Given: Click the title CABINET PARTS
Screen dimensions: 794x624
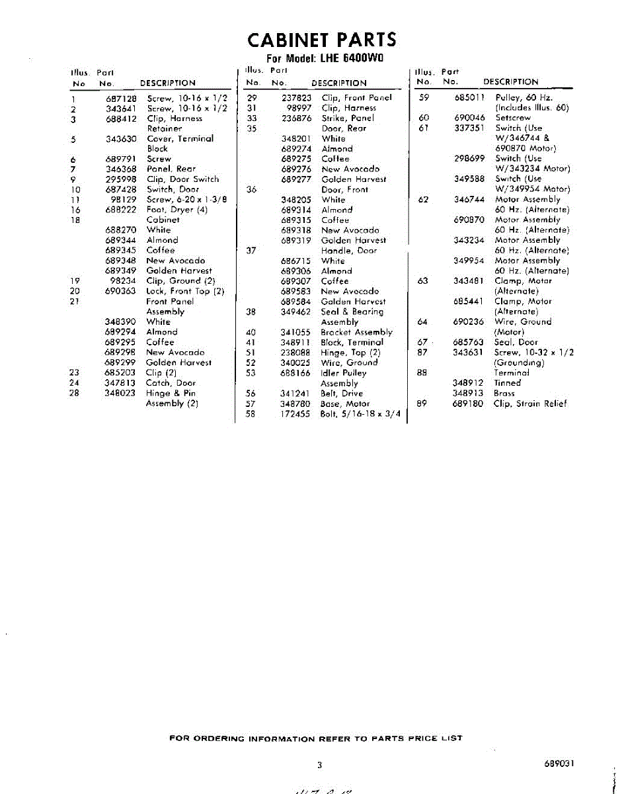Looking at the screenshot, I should [322, 40].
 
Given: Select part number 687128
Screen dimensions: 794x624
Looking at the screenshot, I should [121, 98].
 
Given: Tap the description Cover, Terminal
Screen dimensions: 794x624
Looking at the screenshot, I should [180, 139].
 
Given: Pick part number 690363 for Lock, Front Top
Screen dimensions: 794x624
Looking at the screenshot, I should [121, 291].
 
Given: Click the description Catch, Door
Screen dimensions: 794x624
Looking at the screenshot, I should [171, 383].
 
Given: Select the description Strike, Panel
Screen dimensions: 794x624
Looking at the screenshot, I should [348, 118].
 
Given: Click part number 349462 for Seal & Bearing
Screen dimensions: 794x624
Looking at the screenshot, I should [295, 312].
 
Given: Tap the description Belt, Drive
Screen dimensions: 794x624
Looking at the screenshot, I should [342, 394].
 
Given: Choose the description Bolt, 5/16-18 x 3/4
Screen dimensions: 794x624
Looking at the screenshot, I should [361, 414].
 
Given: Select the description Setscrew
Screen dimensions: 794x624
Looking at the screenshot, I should [512, 118].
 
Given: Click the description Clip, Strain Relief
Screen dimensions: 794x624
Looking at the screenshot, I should [530, 404].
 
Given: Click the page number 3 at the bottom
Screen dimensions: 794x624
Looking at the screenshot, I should [319, 765].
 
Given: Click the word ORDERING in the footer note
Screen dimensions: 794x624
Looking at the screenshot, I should [218, 738].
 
